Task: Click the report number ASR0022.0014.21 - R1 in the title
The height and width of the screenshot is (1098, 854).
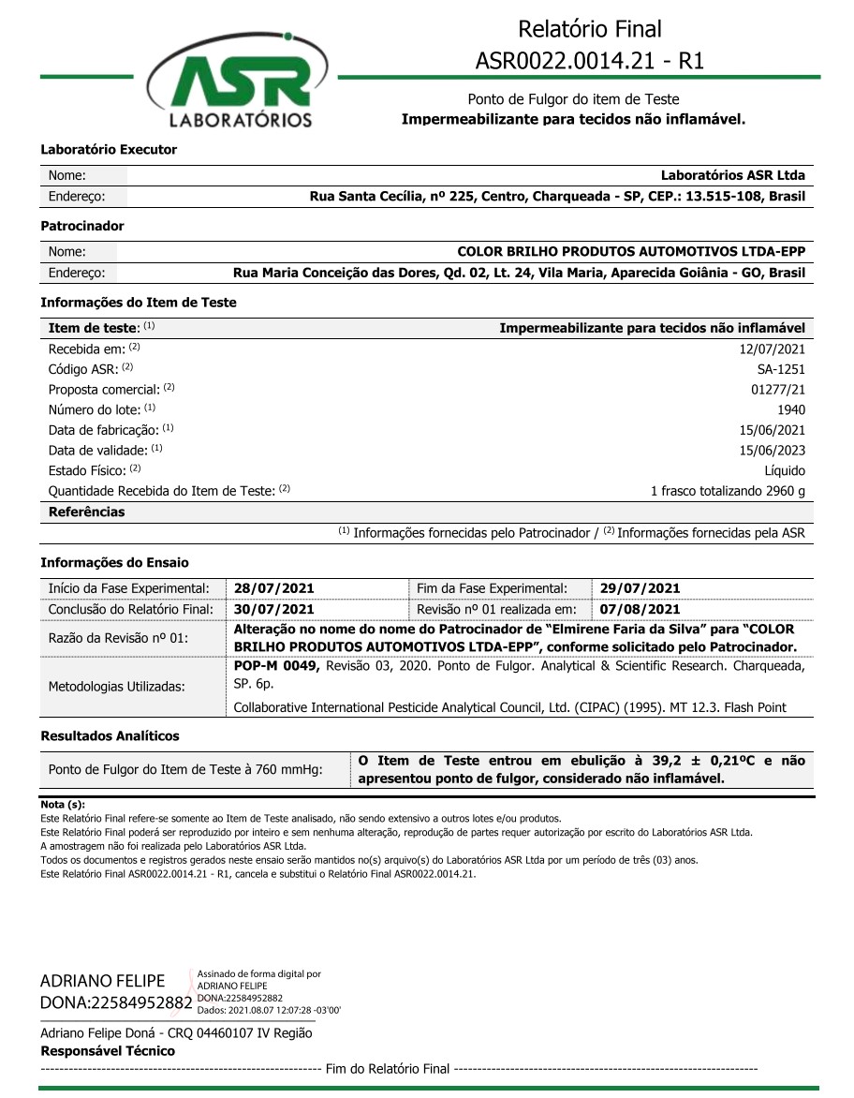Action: (x=590, y=61)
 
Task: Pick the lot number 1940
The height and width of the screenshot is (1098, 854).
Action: (x=791, y=409)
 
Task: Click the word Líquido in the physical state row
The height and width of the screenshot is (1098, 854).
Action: (x=785, y=470)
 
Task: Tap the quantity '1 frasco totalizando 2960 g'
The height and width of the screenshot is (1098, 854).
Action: (x=728, y=491)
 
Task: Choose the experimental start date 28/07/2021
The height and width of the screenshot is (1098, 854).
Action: (x=274, y=588)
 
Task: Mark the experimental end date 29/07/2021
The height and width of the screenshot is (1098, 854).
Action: (x=640, y=588)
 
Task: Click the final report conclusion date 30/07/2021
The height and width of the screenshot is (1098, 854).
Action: (x=274, y=609)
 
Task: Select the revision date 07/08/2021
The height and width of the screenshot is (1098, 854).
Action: (x=640, y=609)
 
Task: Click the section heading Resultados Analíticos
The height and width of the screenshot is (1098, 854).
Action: (x=110, y=736)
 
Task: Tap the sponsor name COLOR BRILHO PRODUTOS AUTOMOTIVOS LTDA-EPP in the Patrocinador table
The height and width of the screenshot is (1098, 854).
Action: (x=630, y=252)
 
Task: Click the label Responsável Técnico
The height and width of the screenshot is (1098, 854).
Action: (x=108, y=1051)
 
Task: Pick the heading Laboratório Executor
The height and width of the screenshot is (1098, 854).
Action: (x=109, y=150)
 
